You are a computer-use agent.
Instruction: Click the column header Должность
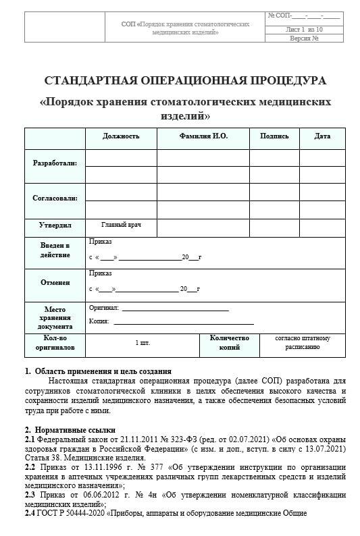(121, 136)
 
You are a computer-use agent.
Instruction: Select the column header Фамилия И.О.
(203, 136)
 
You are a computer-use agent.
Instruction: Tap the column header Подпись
(274, 136)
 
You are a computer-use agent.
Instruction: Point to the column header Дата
(322, 136)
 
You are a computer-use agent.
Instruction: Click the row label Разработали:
(55, 163)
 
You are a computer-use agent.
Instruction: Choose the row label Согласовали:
(55, 198)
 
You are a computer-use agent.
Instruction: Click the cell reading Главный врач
(121, 224)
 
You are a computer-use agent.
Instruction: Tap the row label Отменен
(55, 283)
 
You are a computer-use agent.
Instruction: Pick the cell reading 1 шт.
(143, 343)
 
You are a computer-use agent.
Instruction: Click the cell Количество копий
(230, 343)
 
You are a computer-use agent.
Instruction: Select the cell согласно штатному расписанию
(303, 343)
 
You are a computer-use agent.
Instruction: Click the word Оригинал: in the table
(103, 308)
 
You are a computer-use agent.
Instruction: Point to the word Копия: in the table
(99, 321)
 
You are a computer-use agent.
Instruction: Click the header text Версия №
(304, 38)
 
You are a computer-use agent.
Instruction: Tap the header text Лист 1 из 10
(304, 29)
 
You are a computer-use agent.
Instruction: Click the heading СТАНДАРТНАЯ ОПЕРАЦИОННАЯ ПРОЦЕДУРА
(184, 81)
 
